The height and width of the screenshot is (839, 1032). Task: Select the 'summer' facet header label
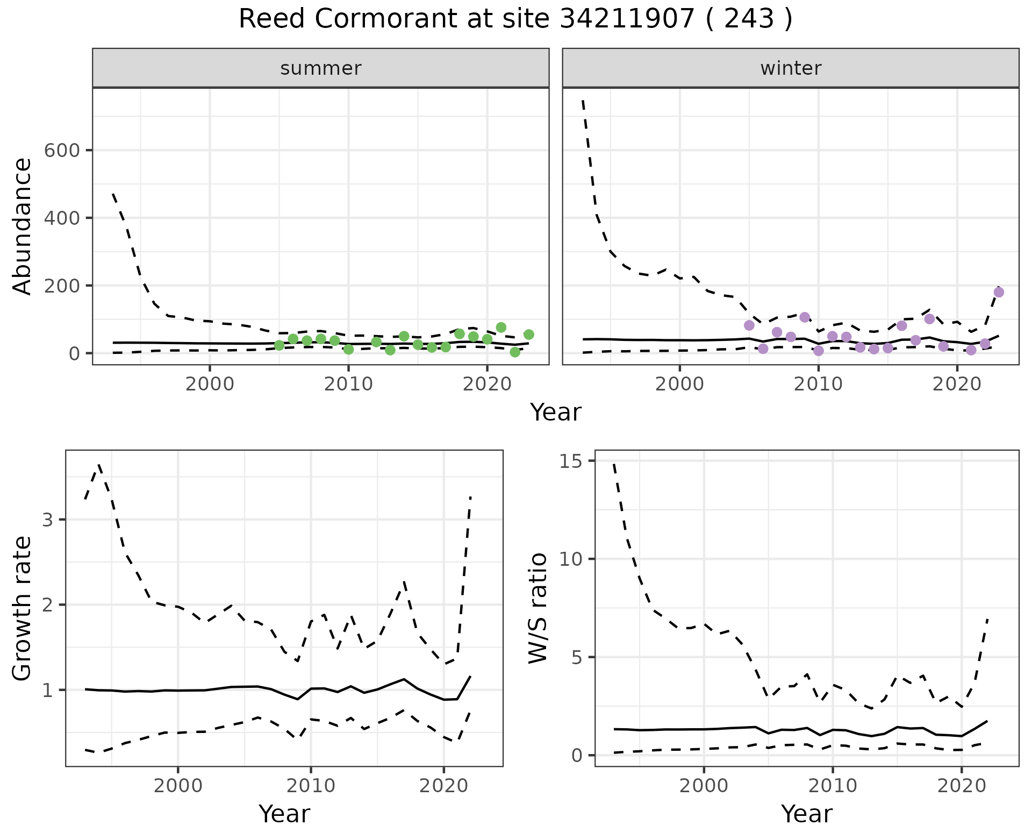321,68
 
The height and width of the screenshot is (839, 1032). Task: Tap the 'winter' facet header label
791,68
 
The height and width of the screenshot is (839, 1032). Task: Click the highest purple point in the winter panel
999,292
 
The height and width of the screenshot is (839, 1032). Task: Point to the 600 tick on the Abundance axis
61,150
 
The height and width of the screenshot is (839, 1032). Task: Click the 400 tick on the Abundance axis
61,218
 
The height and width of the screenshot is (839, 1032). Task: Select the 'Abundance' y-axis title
23,226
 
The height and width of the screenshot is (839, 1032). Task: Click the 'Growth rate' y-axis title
23,609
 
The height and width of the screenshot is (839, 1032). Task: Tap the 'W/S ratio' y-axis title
537,609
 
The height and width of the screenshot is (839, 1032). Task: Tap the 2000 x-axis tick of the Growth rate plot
178,786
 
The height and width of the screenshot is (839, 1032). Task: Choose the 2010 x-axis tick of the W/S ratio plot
832,786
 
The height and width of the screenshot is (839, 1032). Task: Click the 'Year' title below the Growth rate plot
284,814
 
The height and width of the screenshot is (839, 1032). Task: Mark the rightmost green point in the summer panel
528,335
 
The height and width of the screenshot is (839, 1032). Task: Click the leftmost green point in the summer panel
279,345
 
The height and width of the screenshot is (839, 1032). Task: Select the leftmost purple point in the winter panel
749,325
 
